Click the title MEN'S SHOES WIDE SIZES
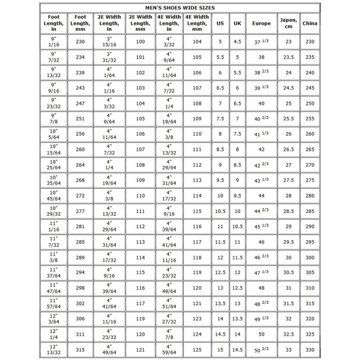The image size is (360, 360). [180, 8]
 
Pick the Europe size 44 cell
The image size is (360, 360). [261, 195]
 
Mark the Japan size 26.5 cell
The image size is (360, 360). [288, 149]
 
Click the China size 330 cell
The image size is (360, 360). [308, 349]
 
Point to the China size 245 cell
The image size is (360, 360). [308, 88]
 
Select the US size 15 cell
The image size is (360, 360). [220, 349]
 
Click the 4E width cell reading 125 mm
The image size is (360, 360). [197, 349]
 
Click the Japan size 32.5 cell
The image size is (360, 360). [288, 334]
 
